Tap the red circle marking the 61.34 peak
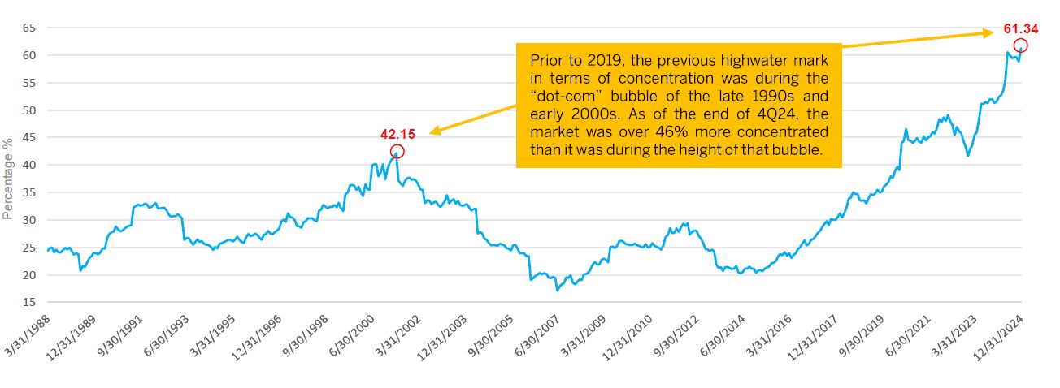[1021, 45]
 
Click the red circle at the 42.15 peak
[397, 151]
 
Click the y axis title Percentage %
[8, 179]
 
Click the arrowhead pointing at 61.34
[989, 33]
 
